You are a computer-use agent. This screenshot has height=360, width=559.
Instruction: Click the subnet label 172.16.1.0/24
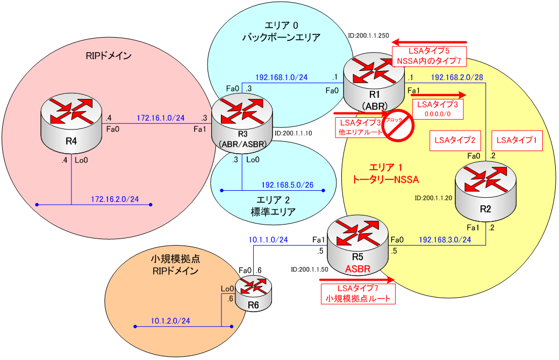point(161,117)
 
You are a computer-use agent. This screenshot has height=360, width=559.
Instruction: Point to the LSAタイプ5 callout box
point(429,55)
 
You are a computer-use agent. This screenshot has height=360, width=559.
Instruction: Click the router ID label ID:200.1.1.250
point(368,36)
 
